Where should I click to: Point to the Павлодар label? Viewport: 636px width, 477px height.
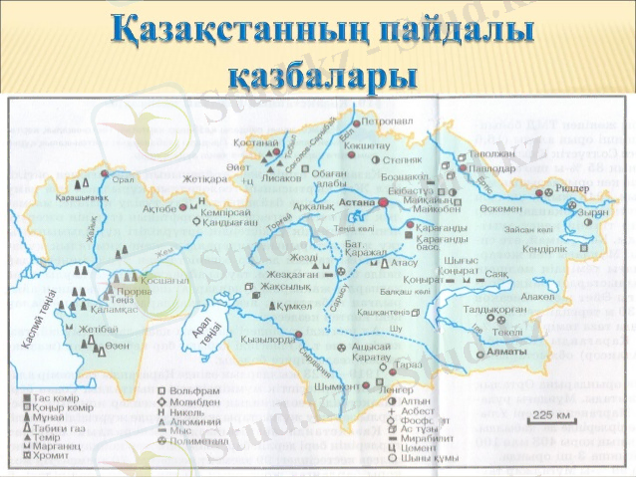pyautogui.click(x=483, y=169)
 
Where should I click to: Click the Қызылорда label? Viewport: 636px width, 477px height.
pyautogui.click(x=267, y=339)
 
